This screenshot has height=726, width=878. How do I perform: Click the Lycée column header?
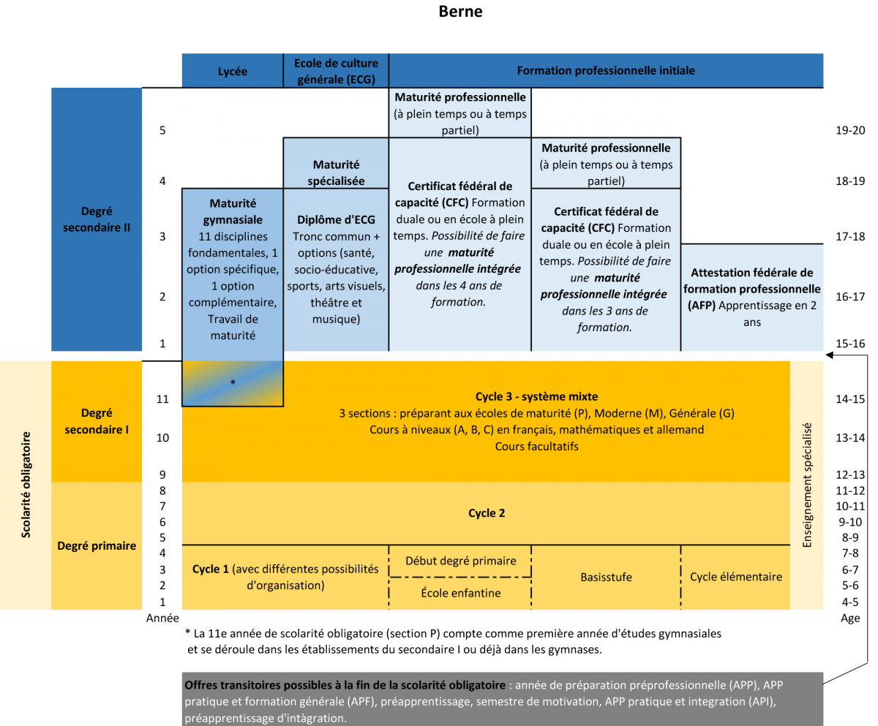pyautogui.click(x=233, y=72)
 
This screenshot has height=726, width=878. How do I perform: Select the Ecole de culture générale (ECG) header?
pyautogui.click(x=336, y=71)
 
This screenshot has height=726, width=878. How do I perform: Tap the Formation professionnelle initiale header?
pyautogui.click(x=606, y=71)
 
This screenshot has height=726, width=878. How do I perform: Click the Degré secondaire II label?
pyautogui.click(x=97, y=219)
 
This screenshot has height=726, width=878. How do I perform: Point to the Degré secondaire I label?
pyautogui.click(x=97, y=421)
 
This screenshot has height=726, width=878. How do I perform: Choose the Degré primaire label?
pyautogui.click(x=97, y=545)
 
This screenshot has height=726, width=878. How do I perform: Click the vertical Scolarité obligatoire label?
pyautogui.click(x=26, y=485)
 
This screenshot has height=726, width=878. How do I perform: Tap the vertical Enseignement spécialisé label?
pyautogui.click(x=807, y=485)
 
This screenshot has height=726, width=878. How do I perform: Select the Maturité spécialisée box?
pyautogui.click(x=336, y=173)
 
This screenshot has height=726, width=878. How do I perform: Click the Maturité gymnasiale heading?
pyautogui.click(x=233, y=211)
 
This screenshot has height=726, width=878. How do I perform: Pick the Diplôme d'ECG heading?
pyautogui.click(x=336, y=220)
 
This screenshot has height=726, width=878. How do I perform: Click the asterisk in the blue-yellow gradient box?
pyautogui.click(x=233, y=382)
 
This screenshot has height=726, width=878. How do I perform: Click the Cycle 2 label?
pyautogui.click(x=487, y=513)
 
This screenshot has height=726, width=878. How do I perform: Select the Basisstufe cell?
pyautogui.click(x=606, y=577)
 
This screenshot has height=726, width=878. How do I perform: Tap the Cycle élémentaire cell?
pyautogui.click(x=735, y=577)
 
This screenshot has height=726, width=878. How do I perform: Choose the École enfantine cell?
pyautogui.click(x=461, y=593)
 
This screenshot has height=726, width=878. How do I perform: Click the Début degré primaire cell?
pyautogui.click(x=461, y=561)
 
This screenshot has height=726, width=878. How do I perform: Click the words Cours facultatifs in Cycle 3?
pyautogui.click(x=536, y=446)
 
